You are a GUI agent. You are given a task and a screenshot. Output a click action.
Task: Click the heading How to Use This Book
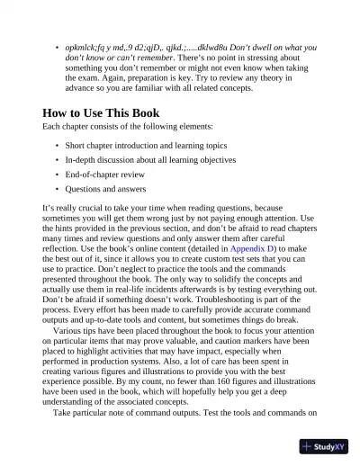click(101, 113)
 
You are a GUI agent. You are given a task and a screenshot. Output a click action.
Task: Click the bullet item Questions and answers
click(109, 189)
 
